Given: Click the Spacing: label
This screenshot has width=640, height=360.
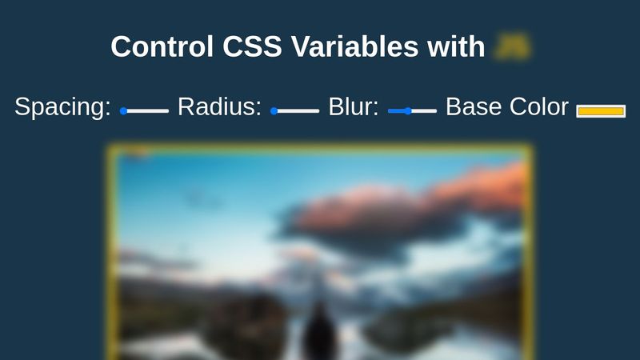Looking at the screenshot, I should pyautogui.click(x=62, y=107).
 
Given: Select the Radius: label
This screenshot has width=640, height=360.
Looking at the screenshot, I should pyautogui.click(x=219, y=107).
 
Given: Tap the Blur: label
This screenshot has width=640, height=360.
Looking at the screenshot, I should pyautogui.click(x=353, y=107).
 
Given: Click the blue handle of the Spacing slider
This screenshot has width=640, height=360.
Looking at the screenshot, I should pyautogui.click(x=124, y=111).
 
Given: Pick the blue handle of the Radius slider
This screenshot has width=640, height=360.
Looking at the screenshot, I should pyautogui.click(x=274, y=111).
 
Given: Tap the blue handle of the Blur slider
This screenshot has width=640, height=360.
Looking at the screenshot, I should pyautogui.click(x=408, y=111).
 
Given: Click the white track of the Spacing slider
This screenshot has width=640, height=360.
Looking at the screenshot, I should pyautogui.click(x=149, y=111).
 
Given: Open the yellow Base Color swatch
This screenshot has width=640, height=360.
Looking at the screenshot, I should pyautogui.click(x=601, y=111).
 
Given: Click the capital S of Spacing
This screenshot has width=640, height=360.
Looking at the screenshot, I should pyautogui.click(x=23, y=107).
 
